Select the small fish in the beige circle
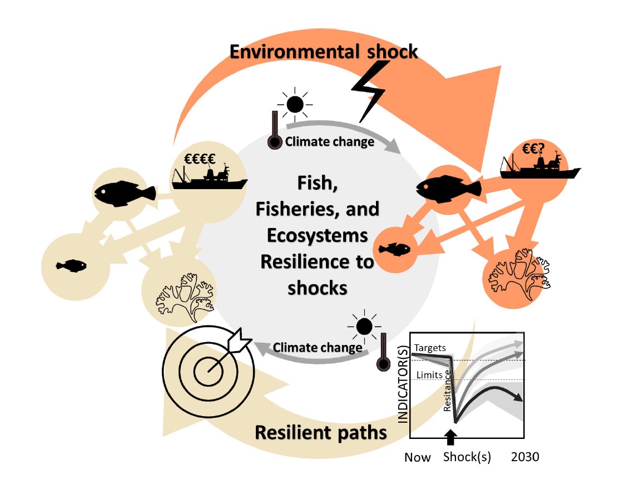click(x=71, y=265)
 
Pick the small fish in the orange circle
click(x=395, y=249)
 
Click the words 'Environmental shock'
click(x=323, y=52)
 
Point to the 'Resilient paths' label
click(x=321, y=432)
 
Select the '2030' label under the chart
click(x=525, y=457)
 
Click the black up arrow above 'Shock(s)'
click(x=450, y=437)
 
